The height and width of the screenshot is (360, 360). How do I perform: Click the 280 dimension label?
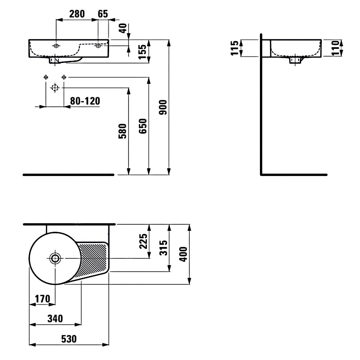pos(77,14)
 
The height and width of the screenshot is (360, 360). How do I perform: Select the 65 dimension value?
pos(103,14)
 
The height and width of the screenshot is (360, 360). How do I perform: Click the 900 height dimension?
pos(163,107)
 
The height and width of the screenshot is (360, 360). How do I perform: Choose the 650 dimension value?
pos(143,126)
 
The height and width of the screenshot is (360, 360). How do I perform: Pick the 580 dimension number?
pos(123,131)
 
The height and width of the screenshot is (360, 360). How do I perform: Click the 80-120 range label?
pos(85,101)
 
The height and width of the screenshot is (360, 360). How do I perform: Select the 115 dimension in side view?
pos(235,48)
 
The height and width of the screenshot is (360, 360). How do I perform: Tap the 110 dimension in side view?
pos(336,48)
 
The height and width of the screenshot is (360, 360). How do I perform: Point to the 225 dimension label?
pos(143,241)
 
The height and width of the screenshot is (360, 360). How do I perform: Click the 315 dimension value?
pos(163,248)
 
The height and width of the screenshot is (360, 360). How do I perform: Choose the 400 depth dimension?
pos(183,254)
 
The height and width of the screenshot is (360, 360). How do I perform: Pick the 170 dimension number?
pos(42,298)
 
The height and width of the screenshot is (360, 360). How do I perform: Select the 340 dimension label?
pos(55,319)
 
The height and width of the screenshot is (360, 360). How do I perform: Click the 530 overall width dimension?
pos(69,339)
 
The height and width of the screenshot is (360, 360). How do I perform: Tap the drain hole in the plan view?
pos(55,258)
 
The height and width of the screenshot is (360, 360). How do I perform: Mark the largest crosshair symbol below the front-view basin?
pos(55,88)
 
